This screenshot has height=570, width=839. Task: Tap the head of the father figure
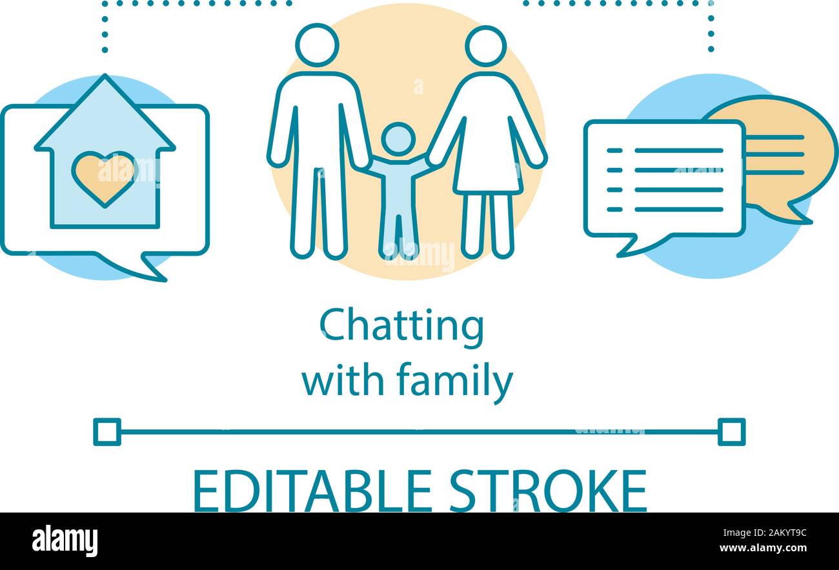(317, 45)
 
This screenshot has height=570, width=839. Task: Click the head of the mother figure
(486, 46)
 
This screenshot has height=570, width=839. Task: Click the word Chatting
(401, 327)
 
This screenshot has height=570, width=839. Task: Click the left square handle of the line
(107, 432)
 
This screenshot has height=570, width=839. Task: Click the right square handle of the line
(731, 432)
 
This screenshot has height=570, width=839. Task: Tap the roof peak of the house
(105, 80)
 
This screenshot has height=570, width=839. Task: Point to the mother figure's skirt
(487, 161)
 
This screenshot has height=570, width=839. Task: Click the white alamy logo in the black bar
(65, 541)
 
